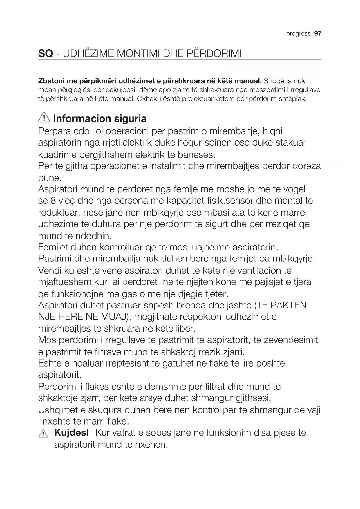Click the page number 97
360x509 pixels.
318,33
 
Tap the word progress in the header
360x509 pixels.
298,34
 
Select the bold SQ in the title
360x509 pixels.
46,54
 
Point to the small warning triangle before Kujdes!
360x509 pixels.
43,434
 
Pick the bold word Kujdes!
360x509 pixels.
71,433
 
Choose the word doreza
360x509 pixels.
307,166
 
